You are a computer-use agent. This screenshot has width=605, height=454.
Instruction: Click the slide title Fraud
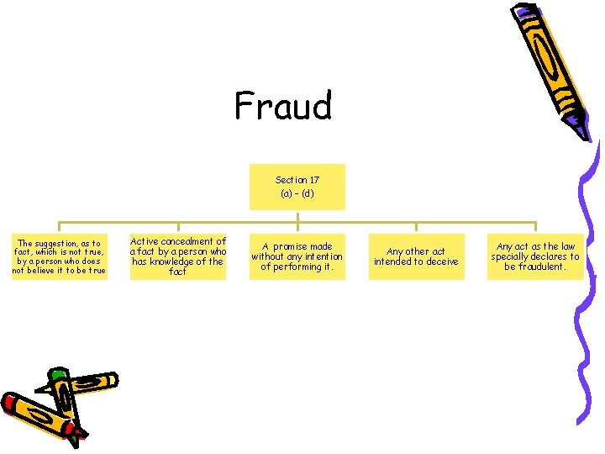[x=283, y=107]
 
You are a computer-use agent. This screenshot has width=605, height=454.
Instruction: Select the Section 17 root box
[x=297, y=187]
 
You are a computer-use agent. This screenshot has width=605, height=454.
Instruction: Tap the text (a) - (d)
[x=297, y=194]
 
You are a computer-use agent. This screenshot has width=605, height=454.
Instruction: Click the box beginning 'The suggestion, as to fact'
[x=59, y=257]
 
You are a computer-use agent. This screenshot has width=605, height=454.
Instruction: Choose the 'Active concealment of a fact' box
[x=178, y=256]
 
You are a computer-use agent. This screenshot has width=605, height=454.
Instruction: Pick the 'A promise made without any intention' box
[x=297, y=257]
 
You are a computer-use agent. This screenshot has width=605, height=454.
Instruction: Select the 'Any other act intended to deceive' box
[x=416, y=257]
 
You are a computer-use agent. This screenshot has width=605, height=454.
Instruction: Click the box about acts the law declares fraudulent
[x=535, y=257]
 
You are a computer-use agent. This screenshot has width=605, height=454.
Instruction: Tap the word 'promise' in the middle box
[x=292, y=247]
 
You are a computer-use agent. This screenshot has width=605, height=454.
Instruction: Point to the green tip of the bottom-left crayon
[x=57, y=373]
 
